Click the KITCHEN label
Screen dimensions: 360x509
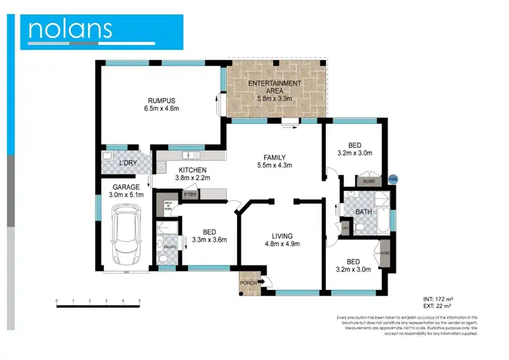(192, 170)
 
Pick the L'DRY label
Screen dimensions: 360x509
(127, 163)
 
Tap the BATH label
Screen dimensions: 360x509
(363, 212)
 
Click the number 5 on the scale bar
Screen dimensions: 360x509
(139, 300)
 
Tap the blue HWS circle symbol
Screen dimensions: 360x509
(392, 179)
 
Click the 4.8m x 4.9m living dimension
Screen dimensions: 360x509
(281, 244)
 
